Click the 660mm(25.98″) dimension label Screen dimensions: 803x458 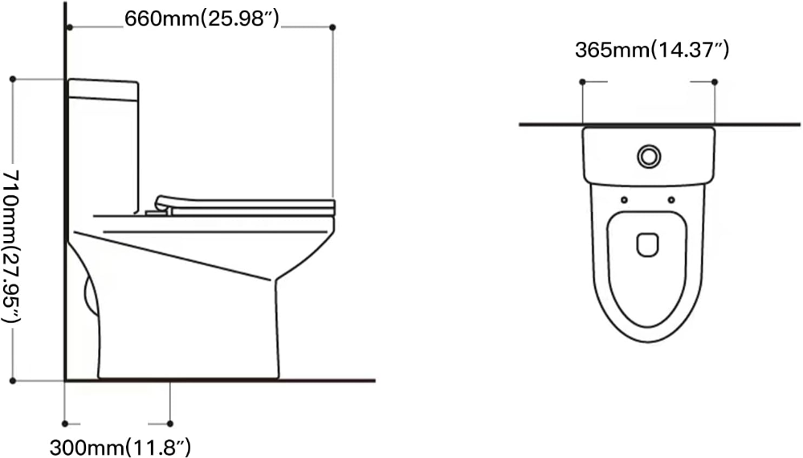coord(202,19)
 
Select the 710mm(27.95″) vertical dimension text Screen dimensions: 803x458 coord(10,247)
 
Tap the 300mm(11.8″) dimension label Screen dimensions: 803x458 coord(120,448)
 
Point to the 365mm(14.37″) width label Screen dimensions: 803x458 coord(652,50)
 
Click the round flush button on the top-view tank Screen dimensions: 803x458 coord(649,156)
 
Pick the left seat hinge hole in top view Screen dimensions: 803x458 coord(624,200)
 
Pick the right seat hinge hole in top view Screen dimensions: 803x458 coord(671,200)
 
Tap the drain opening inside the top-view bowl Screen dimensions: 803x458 coord(648,245)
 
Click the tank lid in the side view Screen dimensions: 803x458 coord(103,88)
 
